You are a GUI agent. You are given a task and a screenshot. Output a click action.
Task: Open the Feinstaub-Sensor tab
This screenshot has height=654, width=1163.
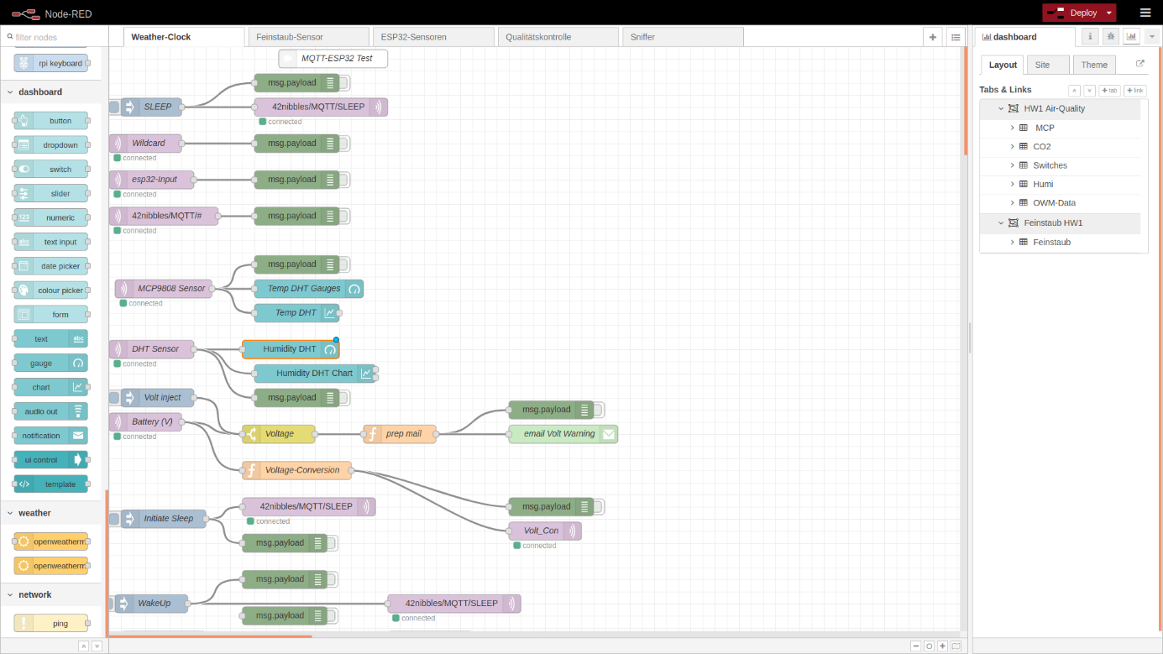point(308,37)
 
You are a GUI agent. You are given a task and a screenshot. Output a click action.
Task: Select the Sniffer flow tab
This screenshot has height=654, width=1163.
point(683,37)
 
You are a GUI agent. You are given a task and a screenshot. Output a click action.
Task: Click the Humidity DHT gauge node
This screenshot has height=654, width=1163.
point(291,349)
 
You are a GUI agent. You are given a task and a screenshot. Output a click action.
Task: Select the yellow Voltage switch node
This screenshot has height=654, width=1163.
point(279,434)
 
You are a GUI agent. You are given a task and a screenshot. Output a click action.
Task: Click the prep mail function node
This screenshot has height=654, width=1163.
point(400,434)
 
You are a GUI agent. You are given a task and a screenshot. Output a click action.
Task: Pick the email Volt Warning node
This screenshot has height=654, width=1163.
point(563,434)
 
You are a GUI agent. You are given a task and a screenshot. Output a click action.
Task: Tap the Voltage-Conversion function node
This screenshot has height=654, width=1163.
point(297,470)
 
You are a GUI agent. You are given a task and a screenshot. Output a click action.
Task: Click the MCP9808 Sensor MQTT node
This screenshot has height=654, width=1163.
point(164,289)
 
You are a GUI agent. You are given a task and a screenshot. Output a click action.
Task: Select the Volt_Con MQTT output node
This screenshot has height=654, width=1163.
point(545,531)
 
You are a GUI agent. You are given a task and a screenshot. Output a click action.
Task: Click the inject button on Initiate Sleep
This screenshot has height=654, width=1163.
point(114,519)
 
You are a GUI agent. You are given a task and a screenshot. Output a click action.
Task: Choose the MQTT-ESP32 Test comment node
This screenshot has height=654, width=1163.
point(333,59)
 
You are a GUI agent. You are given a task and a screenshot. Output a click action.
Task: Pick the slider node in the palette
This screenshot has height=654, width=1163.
point(51,194)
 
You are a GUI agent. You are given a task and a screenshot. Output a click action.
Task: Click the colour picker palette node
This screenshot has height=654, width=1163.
point(51,290)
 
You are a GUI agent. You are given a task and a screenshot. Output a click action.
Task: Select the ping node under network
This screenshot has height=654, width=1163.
point(51,624)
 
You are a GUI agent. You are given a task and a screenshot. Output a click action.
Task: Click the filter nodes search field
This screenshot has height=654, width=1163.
point(55,38)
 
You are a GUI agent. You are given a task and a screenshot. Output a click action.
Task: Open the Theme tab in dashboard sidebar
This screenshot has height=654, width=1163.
point(1094,65)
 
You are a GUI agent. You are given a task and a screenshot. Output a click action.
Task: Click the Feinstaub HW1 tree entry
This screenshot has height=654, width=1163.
point(1053,223)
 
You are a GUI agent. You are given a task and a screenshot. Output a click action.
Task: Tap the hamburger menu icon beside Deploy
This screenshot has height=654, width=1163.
point(1145,13)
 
